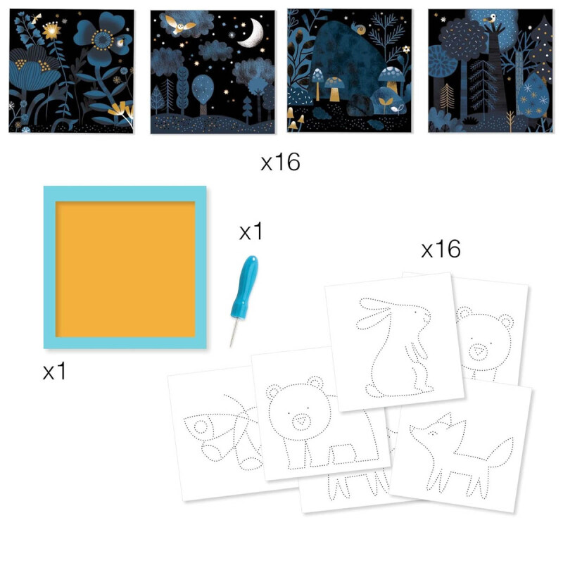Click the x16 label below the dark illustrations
pyautogui.click(x=280, y=163)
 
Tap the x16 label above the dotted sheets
pyautogui.click(x=441, y=248)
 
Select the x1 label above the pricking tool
pyautogui.click(x=251, y=232)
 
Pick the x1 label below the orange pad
pyautogui.click(x=54, y=372)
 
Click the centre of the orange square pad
pyautogui.click(x=125, y=267)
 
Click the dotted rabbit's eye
pyautogui.click(x=420, y=315)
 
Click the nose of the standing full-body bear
pyautogui.click(x=301, y=421)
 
